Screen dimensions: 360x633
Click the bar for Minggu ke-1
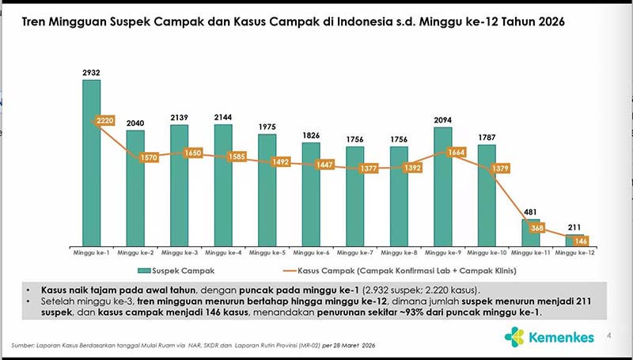pyautogui.click(x=92, y=174)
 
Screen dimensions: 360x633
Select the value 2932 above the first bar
pyautogui.click(x=92, y=73)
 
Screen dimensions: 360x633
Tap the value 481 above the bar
pyautogui.click(x=530, y=211)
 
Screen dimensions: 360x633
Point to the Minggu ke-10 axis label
pyautogui.click(x=486, y=253)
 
